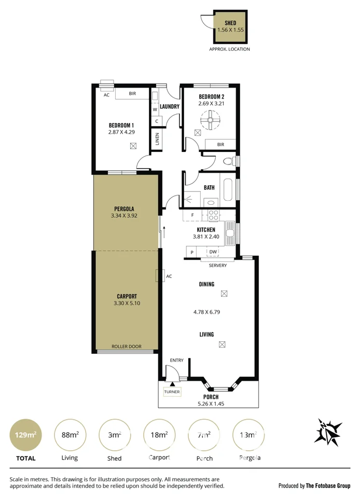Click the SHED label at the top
click(x=230, y=23)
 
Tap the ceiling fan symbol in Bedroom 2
click(x=211, y=121)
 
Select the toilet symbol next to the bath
click(x=227, y=162)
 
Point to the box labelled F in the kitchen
click(x=192, y=215)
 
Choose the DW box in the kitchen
click(x=213, y=252)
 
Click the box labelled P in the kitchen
click(x=192, y=252)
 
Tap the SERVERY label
click(x=217, y=266)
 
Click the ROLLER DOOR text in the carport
click(x=127, y=346)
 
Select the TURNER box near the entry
click(x=172, y=392)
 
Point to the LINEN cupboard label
click(x=157, y=140)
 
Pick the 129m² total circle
click(x=25, y=435)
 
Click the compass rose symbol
click(x=329, y=431)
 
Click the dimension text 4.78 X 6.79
click(x=206, y=312)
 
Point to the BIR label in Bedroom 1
click(x=132, y=94)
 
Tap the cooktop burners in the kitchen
click(x=213, y=215)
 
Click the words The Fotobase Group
click(x=329, y=486)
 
